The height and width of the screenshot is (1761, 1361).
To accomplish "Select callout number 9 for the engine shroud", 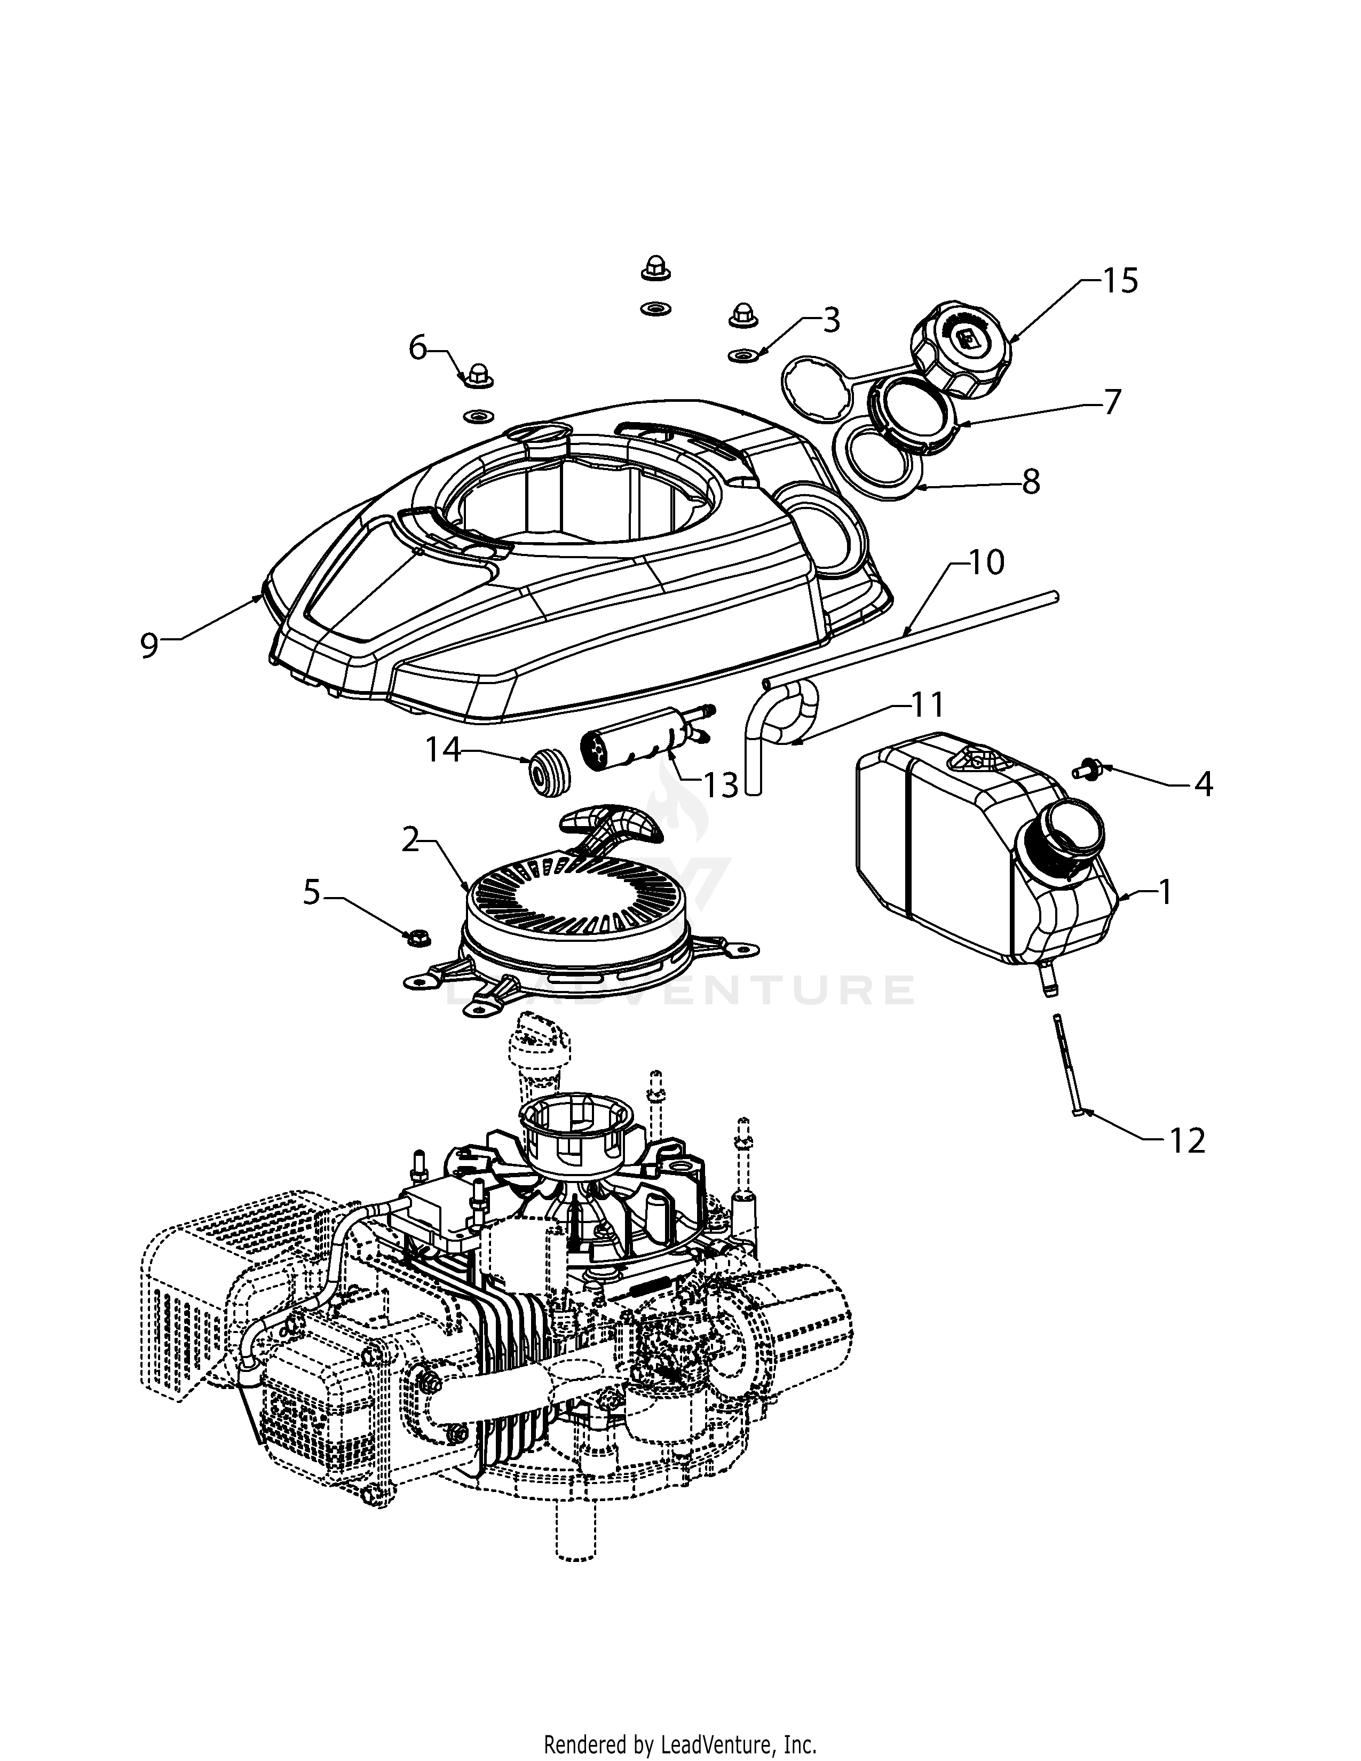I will tap(149, 645).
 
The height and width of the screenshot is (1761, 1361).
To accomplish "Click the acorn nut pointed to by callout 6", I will tap(475, 375).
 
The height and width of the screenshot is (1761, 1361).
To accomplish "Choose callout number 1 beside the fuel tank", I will tap(1164, 893).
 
